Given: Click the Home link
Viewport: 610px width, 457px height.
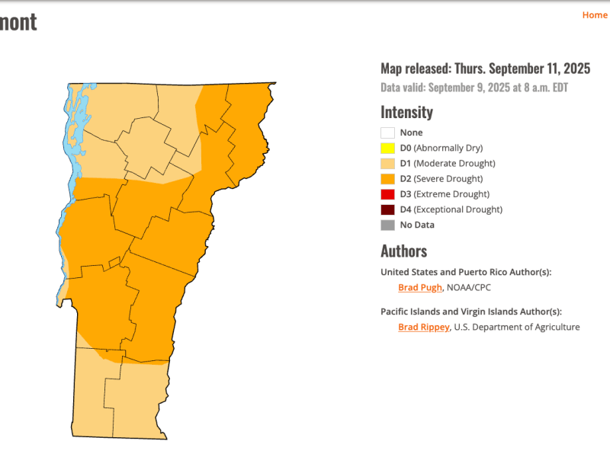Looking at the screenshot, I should click(x=594, y=15).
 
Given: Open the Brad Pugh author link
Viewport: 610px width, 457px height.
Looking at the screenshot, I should click(x=419, y=287).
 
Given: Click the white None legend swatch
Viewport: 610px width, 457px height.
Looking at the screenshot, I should click(x=387, y=133).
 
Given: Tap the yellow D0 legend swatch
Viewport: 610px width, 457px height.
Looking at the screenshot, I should click(x=387, y=148).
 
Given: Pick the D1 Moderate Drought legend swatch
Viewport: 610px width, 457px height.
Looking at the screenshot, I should click(x=387, y=163).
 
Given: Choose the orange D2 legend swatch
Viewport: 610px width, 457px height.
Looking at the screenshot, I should click(x=387, y=179).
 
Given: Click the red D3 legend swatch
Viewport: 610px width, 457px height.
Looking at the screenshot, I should click(x=387, y=194).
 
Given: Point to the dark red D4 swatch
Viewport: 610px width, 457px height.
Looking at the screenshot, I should click(x=387, y=209).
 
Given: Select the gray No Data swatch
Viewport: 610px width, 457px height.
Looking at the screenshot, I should click(x=387, y=225).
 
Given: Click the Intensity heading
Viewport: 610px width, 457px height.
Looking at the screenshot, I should click(x=406, y=112).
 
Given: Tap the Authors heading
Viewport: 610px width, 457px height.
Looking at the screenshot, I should click(x=403, y=251).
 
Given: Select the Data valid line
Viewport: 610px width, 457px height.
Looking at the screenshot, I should click(x=474, y=88).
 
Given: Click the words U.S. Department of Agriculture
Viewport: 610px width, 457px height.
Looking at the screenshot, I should click(x=517, y=327).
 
